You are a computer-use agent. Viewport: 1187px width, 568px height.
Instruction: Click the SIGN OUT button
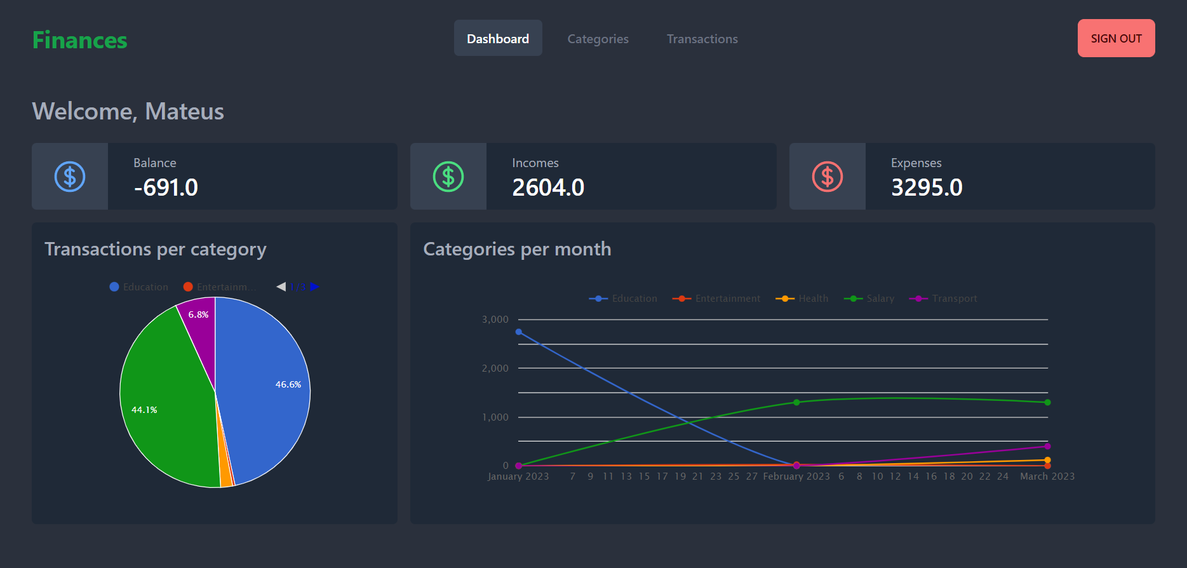click(1116, 38)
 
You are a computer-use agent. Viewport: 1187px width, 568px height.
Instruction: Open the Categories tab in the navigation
click(598, 39)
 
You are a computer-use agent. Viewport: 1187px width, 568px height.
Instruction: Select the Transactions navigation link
click(702, 39)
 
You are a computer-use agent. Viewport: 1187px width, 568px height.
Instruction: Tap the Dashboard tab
click(498, 39)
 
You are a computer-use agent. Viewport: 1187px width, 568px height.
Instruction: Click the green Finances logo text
click(80, 40)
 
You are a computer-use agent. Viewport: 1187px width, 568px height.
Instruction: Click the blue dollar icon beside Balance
click(70, 177)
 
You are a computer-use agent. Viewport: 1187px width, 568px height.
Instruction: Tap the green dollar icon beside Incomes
click(448, 177)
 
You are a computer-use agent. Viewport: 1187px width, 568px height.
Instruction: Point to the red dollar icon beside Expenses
click(827, 177)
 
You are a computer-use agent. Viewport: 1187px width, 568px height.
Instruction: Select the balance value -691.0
click(166, 187)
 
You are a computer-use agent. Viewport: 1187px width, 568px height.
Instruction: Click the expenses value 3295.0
click(927, 187)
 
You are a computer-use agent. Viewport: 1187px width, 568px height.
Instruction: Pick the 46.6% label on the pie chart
click(288, 384)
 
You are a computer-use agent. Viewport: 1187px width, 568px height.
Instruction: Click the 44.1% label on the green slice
click(144, 410)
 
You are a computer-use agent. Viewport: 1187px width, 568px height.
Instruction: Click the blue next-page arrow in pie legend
click(314, 287)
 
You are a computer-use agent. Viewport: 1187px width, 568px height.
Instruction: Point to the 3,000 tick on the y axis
click(495, 320)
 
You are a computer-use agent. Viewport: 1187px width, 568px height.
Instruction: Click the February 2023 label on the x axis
click(796, 477)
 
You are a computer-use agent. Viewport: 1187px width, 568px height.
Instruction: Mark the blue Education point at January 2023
click(519, 332)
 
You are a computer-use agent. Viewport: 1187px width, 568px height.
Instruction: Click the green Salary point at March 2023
click(1047, 402)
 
